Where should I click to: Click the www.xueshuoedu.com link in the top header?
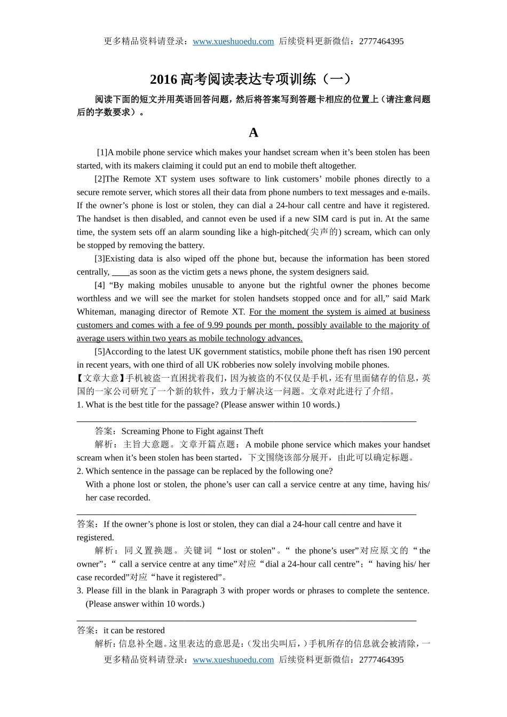coord(233,42)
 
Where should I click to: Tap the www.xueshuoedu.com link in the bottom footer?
coord(233,660)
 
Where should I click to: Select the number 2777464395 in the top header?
coord(381,42)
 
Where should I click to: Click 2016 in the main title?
coord(163,79)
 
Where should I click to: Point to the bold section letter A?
coord(253,133)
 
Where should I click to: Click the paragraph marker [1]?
coord(102,153)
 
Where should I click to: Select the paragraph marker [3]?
coord(100,259)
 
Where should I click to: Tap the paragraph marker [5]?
coord(100,352)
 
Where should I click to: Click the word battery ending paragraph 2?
coord(191,245)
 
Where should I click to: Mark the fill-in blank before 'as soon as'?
coord(121,272)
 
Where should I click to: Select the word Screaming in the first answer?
coord(140,432)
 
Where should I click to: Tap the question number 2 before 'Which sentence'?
coord(80,471)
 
